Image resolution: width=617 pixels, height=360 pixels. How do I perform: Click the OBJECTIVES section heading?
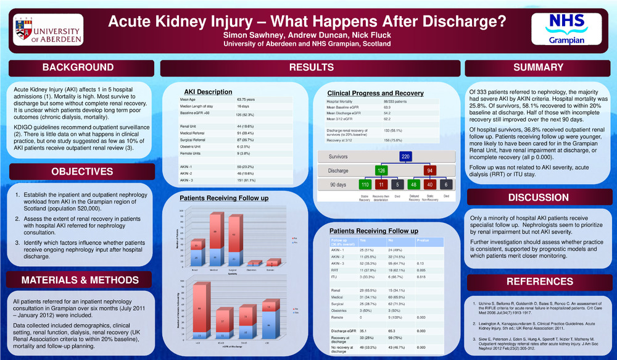pos(78,171)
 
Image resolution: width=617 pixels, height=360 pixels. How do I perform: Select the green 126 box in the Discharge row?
pos(381,170)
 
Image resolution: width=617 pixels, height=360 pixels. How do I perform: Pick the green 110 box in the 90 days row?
pos(365,185)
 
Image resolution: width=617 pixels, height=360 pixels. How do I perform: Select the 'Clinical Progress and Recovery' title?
pos(375,93)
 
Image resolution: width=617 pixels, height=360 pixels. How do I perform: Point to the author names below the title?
pos(307,36)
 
